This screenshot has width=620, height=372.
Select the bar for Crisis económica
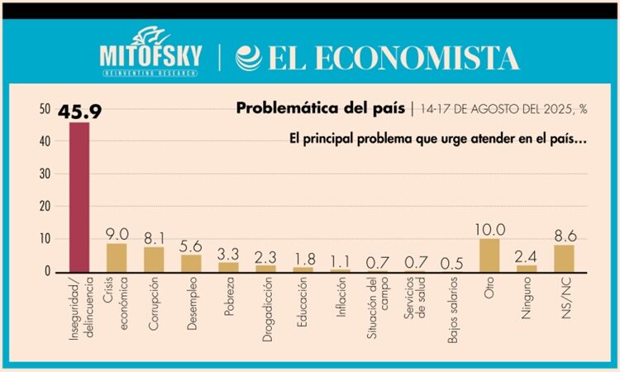tap(117, 257)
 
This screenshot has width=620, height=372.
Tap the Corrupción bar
tap(154, 259)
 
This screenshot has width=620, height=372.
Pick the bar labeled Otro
tap(489, 255)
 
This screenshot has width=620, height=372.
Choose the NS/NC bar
tap(564, 258)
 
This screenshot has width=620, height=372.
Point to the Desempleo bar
tap(191, 263)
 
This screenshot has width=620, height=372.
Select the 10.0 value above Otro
tap(489, 228)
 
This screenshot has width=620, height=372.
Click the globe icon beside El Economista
tap(248, 58)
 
